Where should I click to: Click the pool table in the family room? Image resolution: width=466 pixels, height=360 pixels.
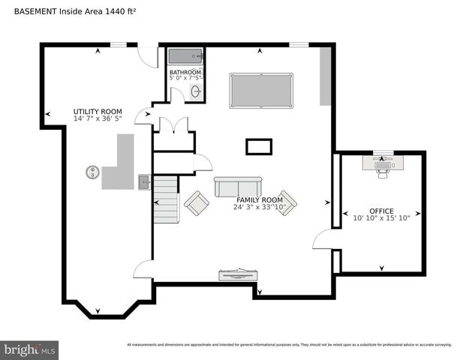coord(261,90)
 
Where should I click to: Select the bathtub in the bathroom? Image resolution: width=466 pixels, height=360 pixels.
coord(185,56)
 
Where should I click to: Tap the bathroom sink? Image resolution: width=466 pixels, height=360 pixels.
coord(196,91)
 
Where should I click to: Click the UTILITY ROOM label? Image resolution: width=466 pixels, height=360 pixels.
coord(98,110)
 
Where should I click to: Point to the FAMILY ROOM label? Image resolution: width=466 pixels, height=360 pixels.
coord(260,199)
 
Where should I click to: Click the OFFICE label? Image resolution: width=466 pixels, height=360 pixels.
coord(381,211)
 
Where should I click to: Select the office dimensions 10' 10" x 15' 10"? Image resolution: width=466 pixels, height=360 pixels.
coord(381,218)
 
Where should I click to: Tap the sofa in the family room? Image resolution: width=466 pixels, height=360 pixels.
coord(238,186)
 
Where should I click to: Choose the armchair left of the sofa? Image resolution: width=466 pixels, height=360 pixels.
coord(197,202)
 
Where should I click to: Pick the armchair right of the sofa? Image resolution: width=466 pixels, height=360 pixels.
coord(286,202)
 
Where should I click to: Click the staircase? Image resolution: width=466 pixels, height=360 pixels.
coord(167,199)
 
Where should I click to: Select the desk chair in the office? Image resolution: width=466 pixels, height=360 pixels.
coord(383,171)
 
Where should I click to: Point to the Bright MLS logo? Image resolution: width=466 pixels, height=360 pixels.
coord(30,349)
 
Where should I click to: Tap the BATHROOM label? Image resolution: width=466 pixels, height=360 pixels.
coord(185,72)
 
